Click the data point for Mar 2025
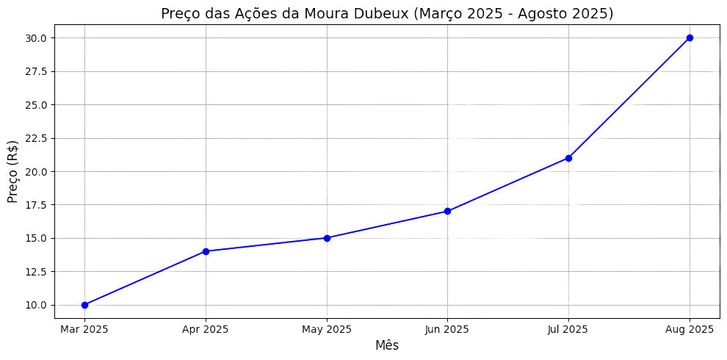point(84,305)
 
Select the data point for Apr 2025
point(206,251)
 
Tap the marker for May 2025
point(327,238)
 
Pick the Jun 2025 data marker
point(447,211)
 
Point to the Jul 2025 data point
point(568,158)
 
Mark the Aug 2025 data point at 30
point(690,37)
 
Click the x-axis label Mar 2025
point(84,329)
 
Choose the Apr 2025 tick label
point(206,329)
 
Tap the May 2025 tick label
point(327,329)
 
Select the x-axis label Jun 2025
point(447,329)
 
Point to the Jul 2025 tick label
point(568,329)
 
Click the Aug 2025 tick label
point(690,329)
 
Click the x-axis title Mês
point(387,345)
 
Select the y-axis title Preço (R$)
point(12,171)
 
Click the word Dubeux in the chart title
point(380,13)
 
